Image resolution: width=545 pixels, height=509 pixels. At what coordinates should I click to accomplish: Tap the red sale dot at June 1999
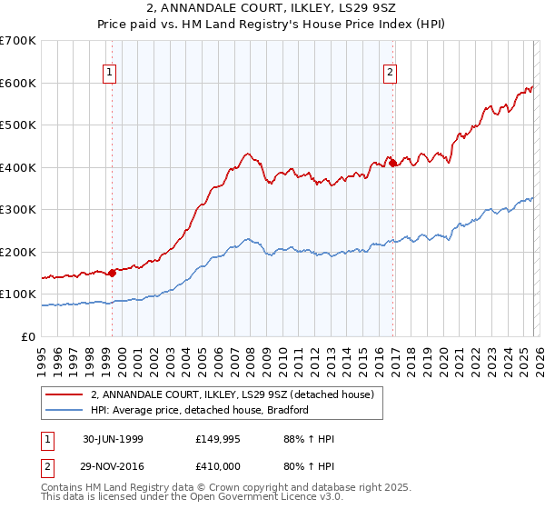click(x=112, y=272)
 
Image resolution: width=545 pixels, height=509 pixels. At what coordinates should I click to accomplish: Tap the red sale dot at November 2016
click(x=392, y=164)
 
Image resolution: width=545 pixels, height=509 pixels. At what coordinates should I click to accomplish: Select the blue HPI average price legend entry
click(x=200, y=410)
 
